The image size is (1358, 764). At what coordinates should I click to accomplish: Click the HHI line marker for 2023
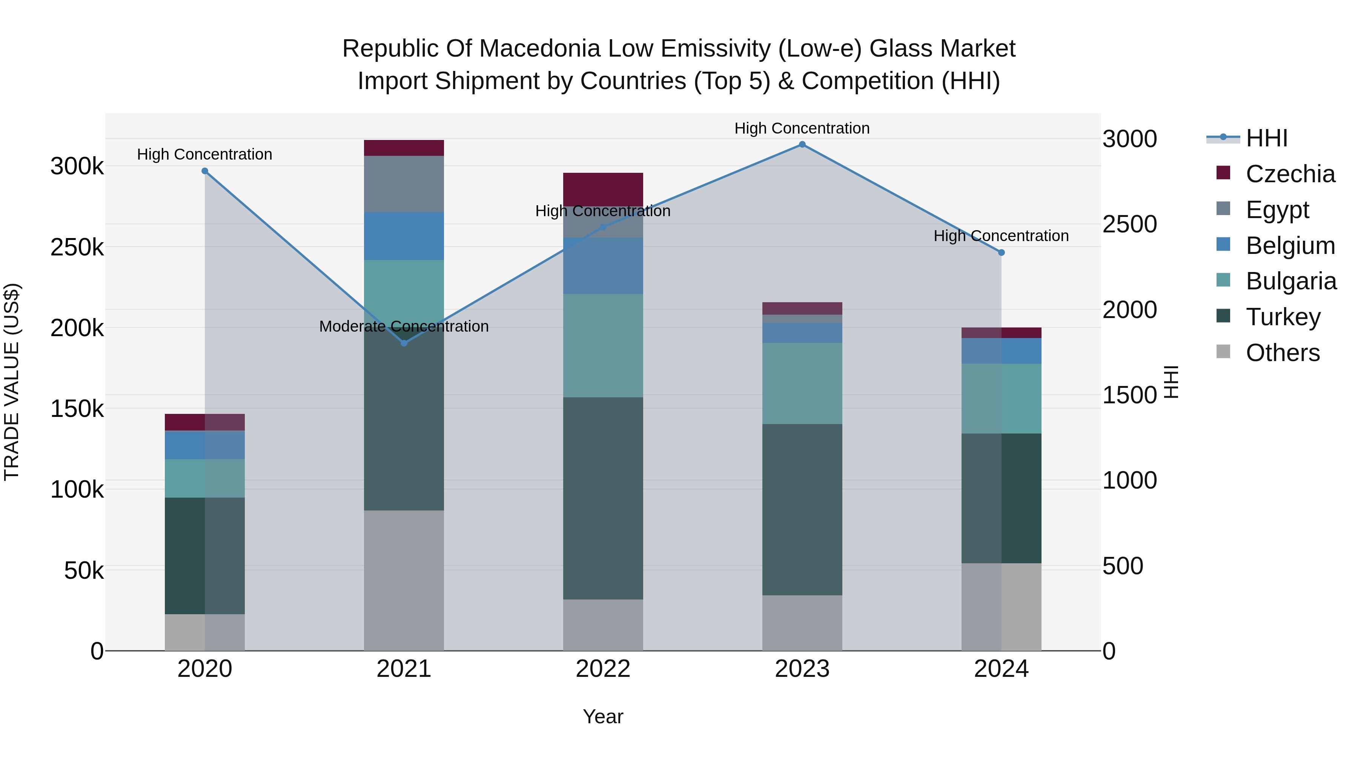click(802, 144)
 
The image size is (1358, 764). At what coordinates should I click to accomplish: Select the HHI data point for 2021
click(404, 343)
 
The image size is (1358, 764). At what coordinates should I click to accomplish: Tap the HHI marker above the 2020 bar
click(205, 171)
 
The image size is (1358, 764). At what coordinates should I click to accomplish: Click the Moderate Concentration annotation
click(404, 326)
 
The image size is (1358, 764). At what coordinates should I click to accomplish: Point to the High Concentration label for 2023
click(802, 128)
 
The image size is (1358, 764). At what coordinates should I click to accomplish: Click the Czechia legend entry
click(1290, 174)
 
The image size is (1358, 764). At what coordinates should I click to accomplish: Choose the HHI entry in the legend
click(1266, 138)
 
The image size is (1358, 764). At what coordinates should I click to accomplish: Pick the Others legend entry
click(1282, 352)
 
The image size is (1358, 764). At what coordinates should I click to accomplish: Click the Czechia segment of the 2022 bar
click(603, 189)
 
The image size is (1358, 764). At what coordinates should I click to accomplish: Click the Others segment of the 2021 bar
click(404, 580)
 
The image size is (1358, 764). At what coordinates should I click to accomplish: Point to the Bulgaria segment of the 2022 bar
click(603, 345)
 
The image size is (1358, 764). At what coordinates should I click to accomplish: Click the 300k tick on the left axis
click(77, 167)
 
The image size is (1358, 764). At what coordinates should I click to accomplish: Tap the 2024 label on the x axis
click(1001, 669)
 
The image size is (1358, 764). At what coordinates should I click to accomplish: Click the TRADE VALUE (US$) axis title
click(12, 382)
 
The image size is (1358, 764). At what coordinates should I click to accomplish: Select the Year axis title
click(603, 716)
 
